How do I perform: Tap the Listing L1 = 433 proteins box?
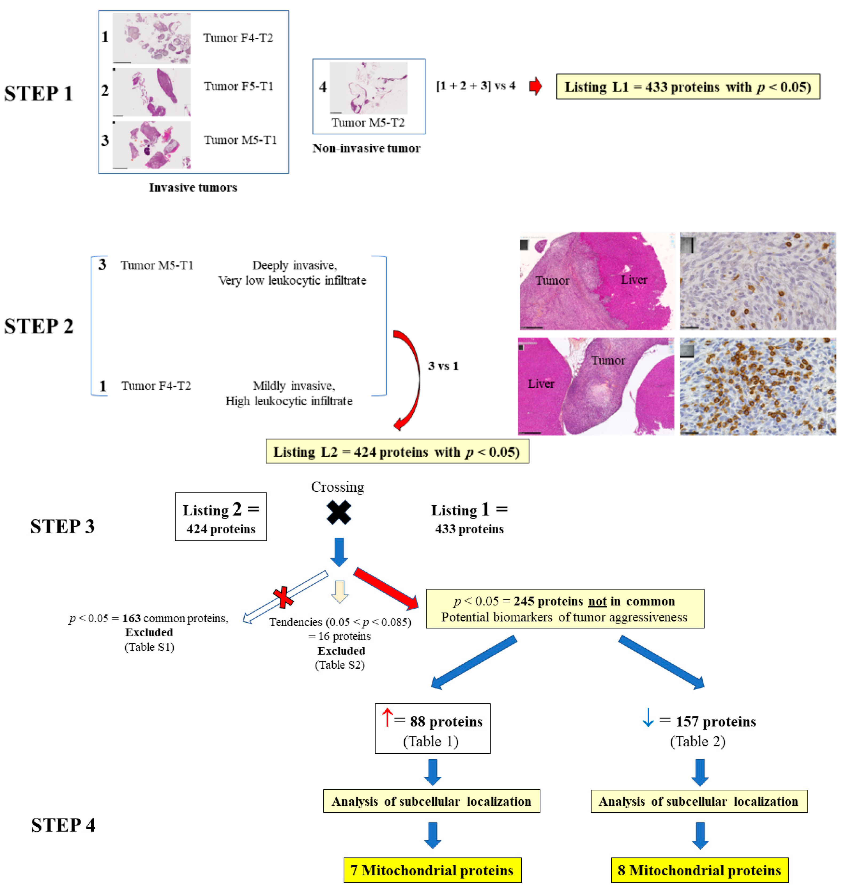(688, 87)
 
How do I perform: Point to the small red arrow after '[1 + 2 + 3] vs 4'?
(535, 86)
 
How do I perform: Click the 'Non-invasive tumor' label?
(366, 148)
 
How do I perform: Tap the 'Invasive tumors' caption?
(193, 187)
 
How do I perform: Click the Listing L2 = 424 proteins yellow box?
(397, 452)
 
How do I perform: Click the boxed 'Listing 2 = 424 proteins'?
(221, 517)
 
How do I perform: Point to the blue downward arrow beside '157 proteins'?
(648, 717)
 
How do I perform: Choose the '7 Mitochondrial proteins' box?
(432, 870)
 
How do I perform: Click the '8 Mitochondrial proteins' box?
(699, 870)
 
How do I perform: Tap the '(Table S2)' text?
(339, 665)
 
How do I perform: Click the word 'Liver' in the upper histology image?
(633, 280)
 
